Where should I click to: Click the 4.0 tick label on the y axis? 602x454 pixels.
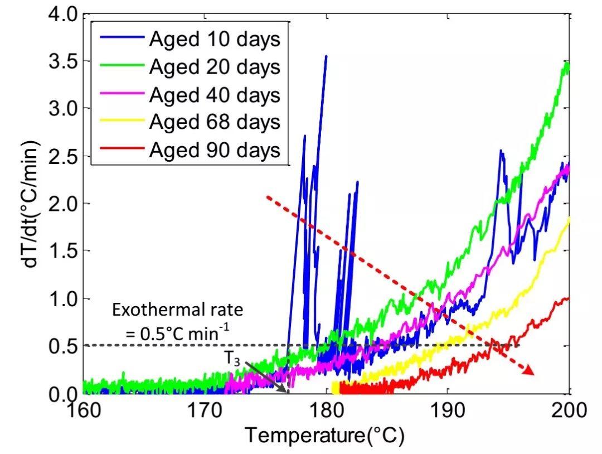(59, 13)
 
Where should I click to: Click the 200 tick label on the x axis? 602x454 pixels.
(567, 412)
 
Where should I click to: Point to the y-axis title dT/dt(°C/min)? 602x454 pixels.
(31, 204)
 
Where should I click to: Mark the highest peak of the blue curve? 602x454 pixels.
(326, 56)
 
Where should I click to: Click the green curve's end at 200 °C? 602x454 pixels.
(567, 64)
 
